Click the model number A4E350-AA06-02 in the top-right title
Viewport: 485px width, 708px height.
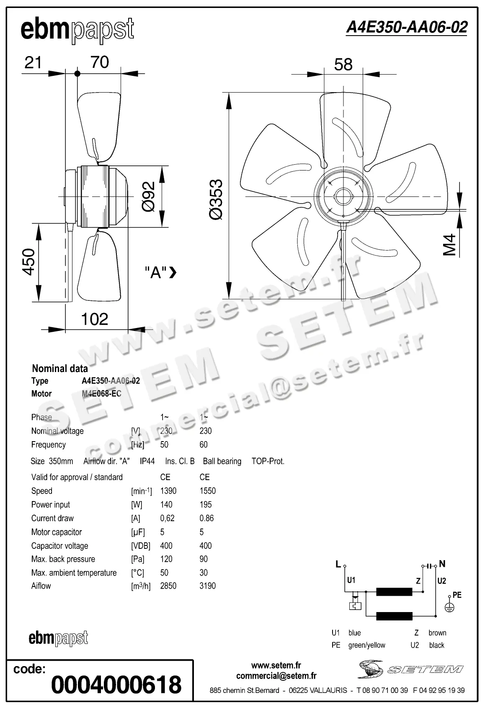[406, 27]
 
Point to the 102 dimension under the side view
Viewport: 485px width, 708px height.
[95, 319]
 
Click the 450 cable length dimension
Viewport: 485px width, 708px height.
[29, 262]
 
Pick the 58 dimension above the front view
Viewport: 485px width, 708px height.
[343, 65]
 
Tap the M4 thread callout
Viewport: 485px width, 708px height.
[449, 245]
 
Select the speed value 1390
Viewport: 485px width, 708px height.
[168, 491]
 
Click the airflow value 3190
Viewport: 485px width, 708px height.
[207, 586]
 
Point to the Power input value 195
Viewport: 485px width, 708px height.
[206, 504]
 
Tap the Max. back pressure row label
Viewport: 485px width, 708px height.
[63, 559]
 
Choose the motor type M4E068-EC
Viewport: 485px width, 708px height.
[101, 393]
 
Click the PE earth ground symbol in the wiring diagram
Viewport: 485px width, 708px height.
[449, 608]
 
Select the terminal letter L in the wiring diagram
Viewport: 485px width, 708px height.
[338, 564]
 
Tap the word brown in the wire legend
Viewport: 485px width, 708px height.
[437, 633]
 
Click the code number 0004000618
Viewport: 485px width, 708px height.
[116, 685]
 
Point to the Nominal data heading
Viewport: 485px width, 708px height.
[60, 369]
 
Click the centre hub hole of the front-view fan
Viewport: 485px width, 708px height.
[343, 196]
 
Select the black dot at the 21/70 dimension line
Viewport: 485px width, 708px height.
[77, 74]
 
